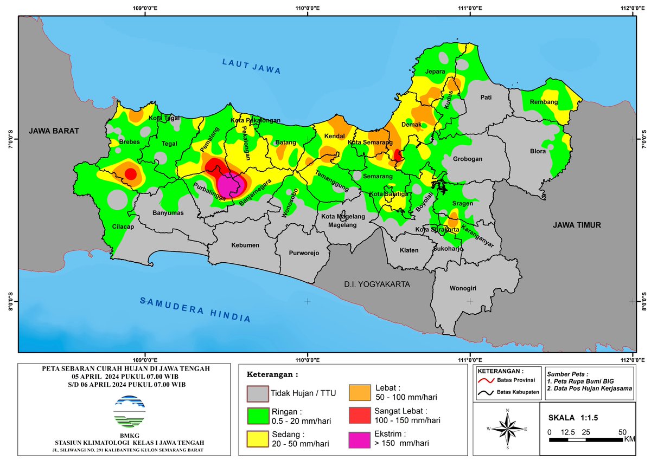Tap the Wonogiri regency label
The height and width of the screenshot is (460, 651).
[x=461, y=288]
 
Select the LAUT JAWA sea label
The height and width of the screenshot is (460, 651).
[x=251, y=66]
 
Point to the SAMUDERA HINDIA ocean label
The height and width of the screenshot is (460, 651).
[x=195, y=309]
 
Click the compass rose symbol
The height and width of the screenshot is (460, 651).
[x=507, y=428]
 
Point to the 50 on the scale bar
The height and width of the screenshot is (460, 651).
[x=622, y=432]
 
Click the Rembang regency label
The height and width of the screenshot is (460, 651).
[x=544, y=102]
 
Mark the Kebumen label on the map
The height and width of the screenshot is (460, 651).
[x=245, y=245]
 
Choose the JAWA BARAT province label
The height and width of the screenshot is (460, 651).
[x=54, y=131]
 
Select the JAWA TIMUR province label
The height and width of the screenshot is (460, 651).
[x=577, y=225]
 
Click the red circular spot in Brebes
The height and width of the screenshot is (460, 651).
[x=130, y=173]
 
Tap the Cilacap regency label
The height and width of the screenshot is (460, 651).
[x=123, y=227]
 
